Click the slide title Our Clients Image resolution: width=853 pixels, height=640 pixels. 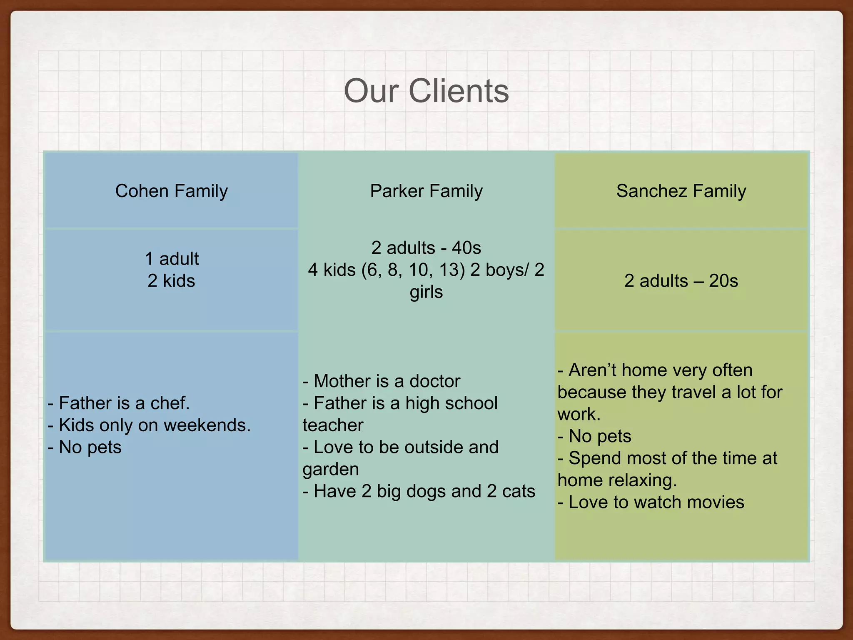pos(426,91)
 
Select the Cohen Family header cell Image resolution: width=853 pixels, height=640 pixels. pos(171,191)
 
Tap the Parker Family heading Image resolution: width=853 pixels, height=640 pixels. pos(426,191)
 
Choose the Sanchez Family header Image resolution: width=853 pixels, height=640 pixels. pos(681,191)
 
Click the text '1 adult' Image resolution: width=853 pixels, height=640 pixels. pos(172,259)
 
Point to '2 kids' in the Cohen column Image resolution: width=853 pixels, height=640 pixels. pos(171,281)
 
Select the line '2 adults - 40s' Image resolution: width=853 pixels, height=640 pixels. pos(426,248)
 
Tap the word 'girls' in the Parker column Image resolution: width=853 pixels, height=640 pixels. pos(426,292)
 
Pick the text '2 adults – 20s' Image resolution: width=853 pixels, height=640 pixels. pos(681,281)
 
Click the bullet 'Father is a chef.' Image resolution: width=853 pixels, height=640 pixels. pos(119,403)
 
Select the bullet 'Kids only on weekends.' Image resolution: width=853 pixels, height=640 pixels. pos(150,425)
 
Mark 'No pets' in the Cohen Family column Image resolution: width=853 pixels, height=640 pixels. pos(85,447)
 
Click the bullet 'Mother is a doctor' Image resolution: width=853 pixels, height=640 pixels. pos(382,381)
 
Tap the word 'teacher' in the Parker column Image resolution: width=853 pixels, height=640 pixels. pos(333,425)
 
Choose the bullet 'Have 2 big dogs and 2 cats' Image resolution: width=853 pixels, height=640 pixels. pos(419,491)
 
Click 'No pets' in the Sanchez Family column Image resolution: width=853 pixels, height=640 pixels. pos(595,436)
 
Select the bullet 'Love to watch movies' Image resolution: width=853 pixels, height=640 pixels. pos(651,502)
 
